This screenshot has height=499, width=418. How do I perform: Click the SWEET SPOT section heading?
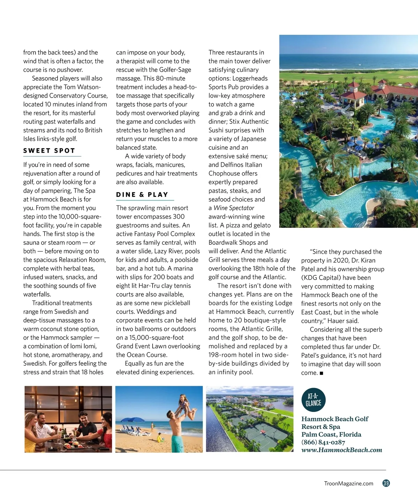point(49,151)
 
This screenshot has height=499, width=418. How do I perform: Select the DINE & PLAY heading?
point(142,195)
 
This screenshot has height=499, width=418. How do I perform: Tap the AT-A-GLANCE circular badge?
point(313,400)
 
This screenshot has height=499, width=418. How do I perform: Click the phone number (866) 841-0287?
point(323,442)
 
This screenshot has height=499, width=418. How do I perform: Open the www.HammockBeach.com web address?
point(341,450)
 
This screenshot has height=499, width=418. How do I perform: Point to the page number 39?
point(386,483)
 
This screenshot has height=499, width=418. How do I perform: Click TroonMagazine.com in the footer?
point(348,483)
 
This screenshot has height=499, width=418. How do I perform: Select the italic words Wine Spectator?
point(234,208)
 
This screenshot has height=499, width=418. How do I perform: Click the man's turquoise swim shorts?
point(178,443)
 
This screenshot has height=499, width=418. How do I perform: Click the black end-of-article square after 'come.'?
point(321,373)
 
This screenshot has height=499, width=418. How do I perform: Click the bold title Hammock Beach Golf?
point(334,419)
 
